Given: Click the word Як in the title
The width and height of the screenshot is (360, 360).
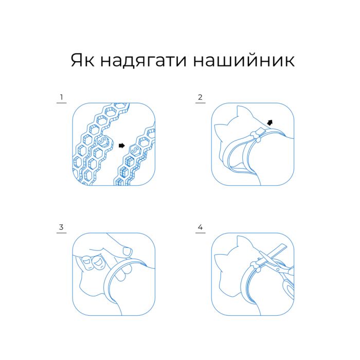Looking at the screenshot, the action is click(82, 60).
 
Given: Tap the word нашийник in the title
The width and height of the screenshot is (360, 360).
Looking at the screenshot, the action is click(244, 60).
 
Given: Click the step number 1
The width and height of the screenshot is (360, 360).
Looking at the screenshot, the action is click(61, 97).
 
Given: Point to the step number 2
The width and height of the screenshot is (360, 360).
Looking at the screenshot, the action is click(200, 97).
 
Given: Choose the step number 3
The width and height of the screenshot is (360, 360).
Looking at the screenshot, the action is click(61, 227).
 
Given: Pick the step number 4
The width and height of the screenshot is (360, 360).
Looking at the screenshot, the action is click(200, 227).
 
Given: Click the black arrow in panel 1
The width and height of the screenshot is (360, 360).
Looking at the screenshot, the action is click(122, 146).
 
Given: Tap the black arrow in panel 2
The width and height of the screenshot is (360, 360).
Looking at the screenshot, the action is click(270, 122).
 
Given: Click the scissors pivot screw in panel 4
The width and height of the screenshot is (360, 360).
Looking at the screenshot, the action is click(278, 269).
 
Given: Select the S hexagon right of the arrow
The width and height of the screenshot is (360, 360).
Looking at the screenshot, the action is click(135, 150).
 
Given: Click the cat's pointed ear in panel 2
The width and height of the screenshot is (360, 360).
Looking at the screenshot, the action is click(241, 113).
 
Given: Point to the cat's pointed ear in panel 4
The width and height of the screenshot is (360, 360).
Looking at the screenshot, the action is click(241, 242).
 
